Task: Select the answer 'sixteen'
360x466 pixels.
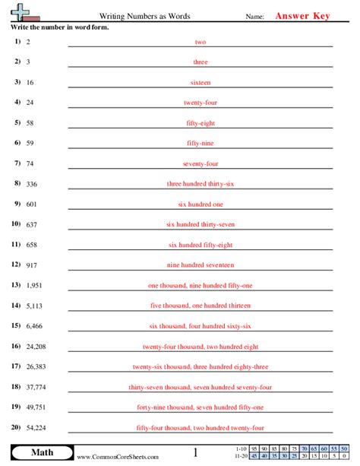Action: (201, 82)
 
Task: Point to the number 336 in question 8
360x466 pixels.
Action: (32, 183)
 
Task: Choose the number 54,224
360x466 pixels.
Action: (36, 428)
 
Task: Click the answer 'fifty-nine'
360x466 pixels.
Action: (201, 143)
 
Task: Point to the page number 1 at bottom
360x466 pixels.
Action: (195, 453)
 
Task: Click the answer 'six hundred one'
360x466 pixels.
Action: (201, 204)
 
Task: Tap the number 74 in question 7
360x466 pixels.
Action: (30, 163)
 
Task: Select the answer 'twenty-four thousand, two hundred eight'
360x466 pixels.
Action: (201, 346)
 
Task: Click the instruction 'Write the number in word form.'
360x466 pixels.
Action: (59, 27)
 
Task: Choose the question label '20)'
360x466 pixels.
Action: (16, 427)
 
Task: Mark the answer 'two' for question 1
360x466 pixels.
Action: (201, 41)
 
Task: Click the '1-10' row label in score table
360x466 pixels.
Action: (241, 449)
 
